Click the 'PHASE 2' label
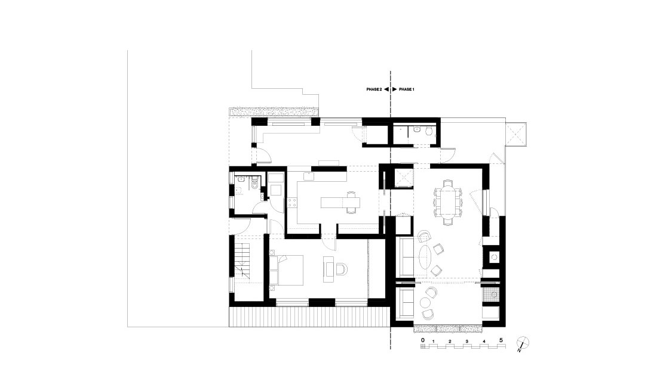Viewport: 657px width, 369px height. (374, 89)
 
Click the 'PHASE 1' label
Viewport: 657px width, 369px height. (406, 89)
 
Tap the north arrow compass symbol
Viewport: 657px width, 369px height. (523, 343)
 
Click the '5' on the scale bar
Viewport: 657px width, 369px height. (501, 340)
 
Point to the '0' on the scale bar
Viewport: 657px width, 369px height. (423, 340)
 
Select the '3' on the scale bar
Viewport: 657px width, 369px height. (467, 342)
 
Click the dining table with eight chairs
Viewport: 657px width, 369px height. (448, 202)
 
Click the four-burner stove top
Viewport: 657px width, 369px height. (292, 203)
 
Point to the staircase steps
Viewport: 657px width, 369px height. (242, 262)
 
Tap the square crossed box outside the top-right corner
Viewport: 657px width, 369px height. (516, 134)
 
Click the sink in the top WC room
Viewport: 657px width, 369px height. (417, 130)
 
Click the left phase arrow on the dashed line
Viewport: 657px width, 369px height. (386, 89)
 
